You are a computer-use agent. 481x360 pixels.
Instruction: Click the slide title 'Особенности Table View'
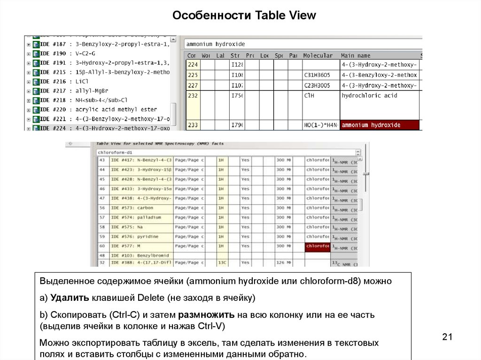(x=244, y=15)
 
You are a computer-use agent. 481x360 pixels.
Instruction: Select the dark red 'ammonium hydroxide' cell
(x=380, y=125)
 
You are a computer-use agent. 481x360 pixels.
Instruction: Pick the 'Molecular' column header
(x=318, y=55)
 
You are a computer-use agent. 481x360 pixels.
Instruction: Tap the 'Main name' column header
(x=356, y=55)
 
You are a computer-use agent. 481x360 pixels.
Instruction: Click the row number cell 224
(x=193, y=65)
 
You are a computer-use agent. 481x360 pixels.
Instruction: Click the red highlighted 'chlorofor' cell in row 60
(x=318, y=246)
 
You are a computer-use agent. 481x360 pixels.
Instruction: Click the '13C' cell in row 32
(x=222, y=263)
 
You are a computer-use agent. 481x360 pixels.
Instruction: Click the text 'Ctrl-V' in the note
(x=211, y=326)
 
